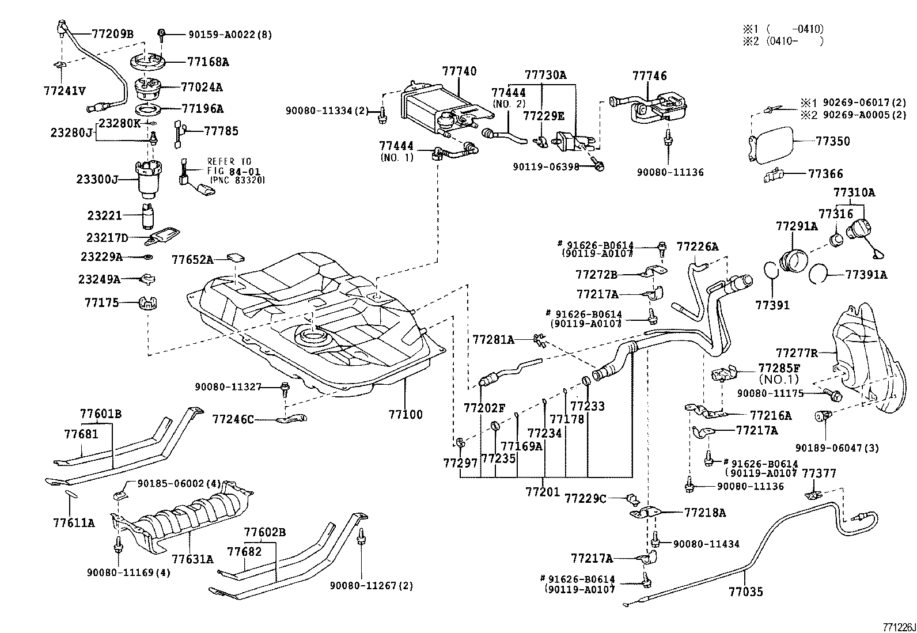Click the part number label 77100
pyautogui.click(x=405, y=414)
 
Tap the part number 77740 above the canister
pyautogui.click(x=459, y=71)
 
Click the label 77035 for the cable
pyautogui.click(x=746, y=592)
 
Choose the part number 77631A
pyautogui.click(x=192, y=558)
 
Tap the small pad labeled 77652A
pyautogui.click(x=237, y=257)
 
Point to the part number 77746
pyautogui.click(x=649, y=76)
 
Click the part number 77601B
pyautogui.click(x=100, y=413)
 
